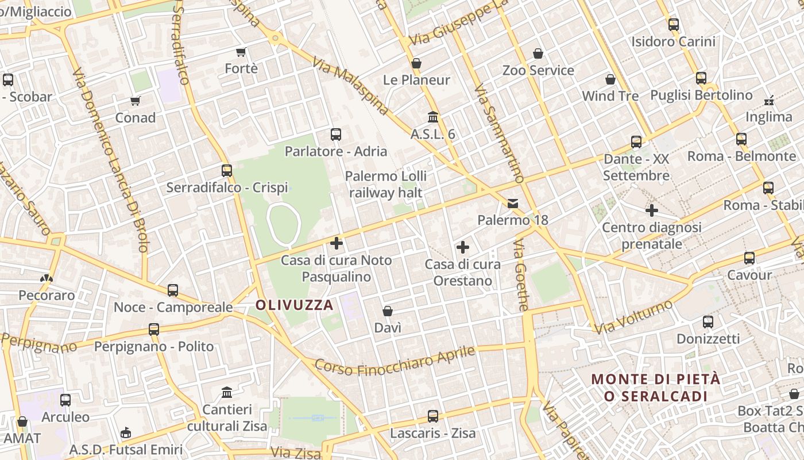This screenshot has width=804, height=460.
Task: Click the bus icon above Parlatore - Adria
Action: (x=336, y=135)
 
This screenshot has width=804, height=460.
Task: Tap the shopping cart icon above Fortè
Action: (x=241, y=52)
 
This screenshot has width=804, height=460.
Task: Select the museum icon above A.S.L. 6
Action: (x=433, y=117)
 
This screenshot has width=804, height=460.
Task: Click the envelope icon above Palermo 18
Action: (x=513, y=203)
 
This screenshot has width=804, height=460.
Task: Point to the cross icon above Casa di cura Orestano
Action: (x=462, y=248)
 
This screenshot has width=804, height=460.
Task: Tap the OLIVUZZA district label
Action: (x=295, y=305)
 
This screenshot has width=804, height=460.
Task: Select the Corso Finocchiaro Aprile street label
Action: (x=395, y=361)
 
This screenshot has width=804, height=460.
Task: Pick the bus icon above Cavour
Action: (x=749, y=258)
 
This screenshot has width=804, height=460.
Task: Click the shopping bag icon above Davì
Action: (x=388, y=311)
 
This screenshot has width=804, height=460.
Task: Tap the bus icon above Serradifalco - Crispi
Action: (x=227, y=171)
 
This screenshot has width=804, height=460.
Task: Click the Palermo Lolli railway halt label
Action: (x=386, y=184)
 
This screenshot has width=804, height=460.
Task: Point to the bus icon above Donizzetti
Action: (x=708, y=322)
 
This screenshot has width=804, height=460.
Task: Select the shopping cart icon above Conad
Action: (x=136, y=101)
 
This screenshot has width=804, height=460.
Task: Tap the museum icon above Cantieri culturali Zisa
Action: (x=227, y=393)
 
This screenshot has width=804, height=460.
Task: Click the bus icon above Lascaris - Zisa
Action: (x=433, y=416)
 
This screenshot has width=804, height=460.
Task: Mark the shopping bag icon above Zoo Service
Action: (x=538, y=53)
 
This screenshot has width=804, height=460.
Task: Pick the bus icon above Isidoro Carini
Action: (x=674, y=25)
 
